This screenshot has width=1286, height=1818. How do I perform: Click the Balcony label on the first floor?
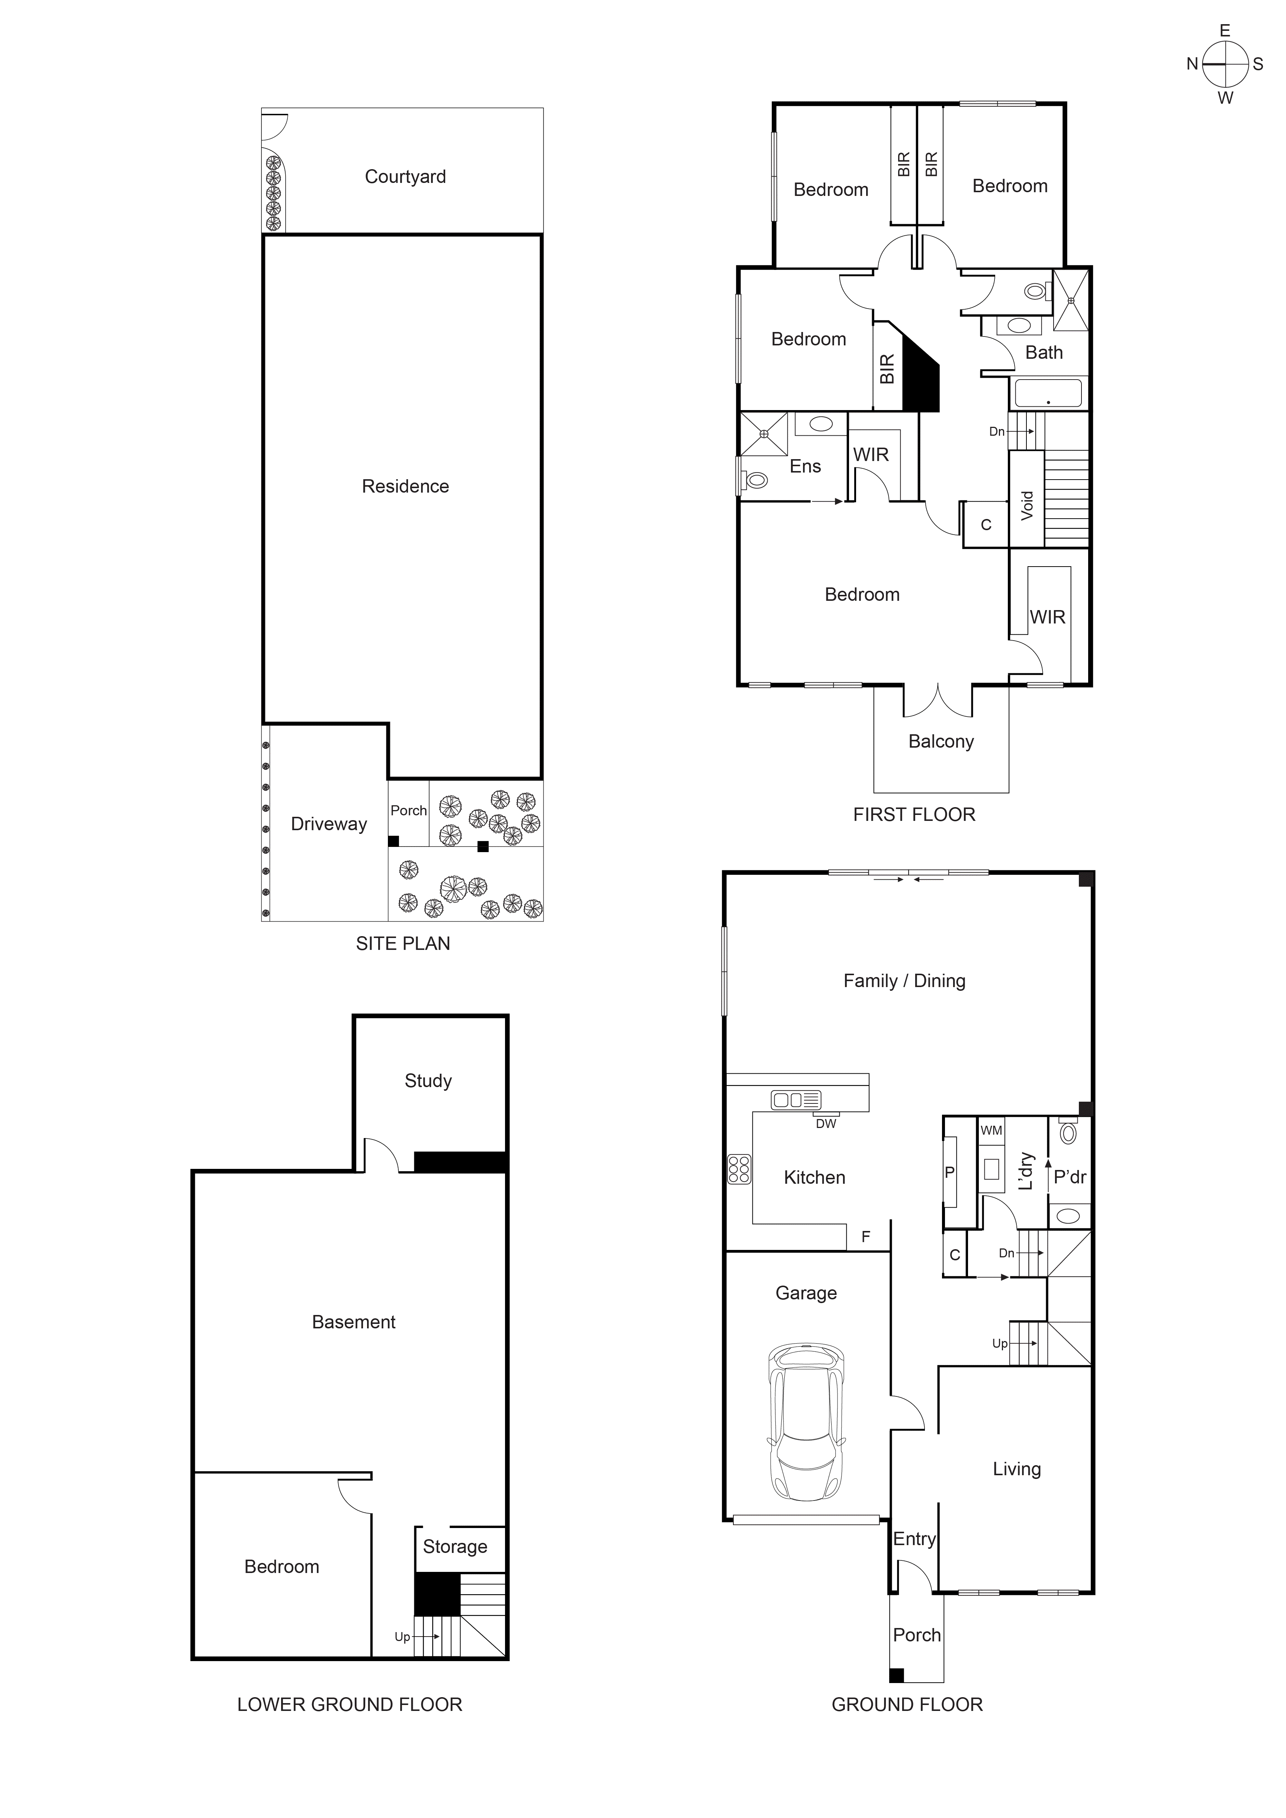point(941,741)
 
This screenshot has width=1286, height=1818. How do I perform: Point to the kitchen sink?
point(796,1100)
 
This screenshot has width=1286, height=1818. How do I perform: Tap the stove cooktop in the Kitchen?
point(739,1170)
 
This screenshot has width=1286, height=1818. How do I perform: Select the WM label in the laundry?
point(991,1131)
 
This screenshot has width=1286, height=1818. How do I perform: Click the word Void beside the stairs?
point(1027,505)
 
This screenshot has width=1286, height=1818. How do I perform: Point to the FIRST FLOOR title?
point(914,815)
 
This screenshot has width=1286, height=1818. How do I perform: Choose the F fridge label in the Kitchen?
point(865,1237)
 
